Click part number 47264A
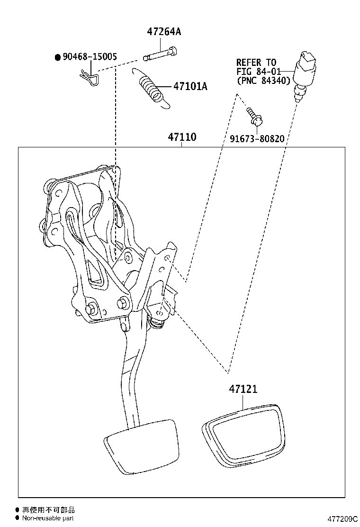point(164,32)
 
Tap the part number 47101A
point(190,86)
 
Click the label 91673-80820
point(257,139)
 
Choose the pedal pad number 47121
point(243,389)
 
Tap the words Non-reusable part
point(48,518)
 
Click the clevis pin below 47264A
point(161,53)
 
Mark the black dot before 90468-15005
point(58,57)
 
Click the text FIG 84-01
point(259,72)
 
